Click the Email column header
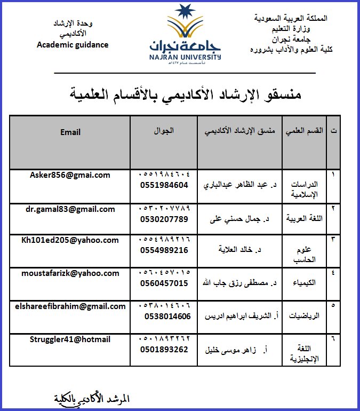click(70, 132)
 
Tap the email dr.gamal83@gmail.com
click(70, 209)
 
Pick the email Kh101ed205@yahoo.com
click(70, 240)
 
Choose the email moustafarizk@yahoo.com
click(70, 273)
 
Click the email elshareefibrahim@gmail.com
click(70, 306)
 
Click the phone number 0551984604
click(164, 185)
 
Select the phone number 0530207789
click(164, 219)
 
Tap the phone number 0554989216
click(164, 250)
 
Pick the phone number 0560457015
click(164, 283)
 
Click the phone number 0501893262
click(164, 349)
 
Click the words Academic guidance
click(73, 45)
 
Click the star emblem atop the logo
click(185, 11)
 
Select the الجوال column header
click(164, 130)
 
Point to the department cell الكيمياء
click(305, 282)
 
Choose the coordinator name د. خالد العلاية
click(243, 249)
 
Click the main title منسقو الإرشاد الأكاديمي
click(186, 94)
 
